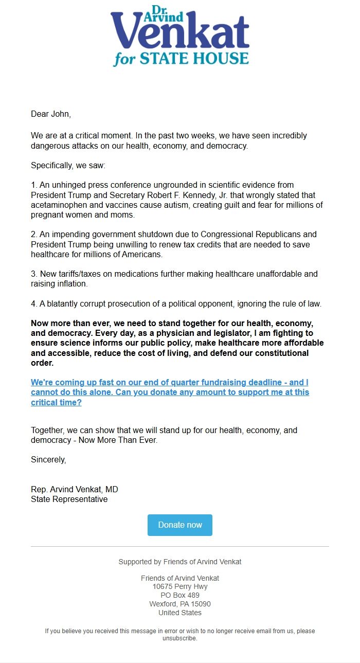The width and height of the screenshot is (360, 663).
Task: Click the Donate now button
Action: click(x=180, y=525)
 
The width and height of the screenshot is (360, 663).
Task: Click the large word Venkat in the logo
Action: click(x=180, y=34)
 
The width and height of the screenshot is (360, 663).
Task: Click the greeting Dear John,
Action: click(x=51, y=114)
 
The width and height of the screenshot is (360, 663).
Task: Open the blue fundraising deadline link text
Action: click(x=170, y=392)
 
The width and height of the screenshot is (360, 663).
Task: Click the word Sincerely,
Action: click(x=48, y=459)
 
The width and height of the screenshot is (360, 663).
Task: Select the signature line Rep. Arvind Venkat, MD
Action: click(x=75, y=489)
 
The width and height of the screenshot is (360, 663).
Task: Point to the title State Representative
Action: click(x=69, y=499)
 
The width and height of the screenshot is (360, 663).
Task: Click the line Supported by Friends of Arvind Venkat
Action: click(x=180, y=562)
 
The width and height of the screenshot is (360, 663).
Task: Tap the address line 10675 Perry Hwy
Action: click(x=180, y=586)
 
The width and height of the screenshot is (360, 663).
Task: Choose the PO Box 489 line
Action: click(x=180, y=595)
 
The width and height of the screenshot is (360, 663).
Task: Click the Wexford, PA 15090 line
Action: click(x=180, y=604)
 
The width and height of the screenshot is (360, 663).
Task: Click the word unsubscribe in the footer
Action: click(x=179, y=638)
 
